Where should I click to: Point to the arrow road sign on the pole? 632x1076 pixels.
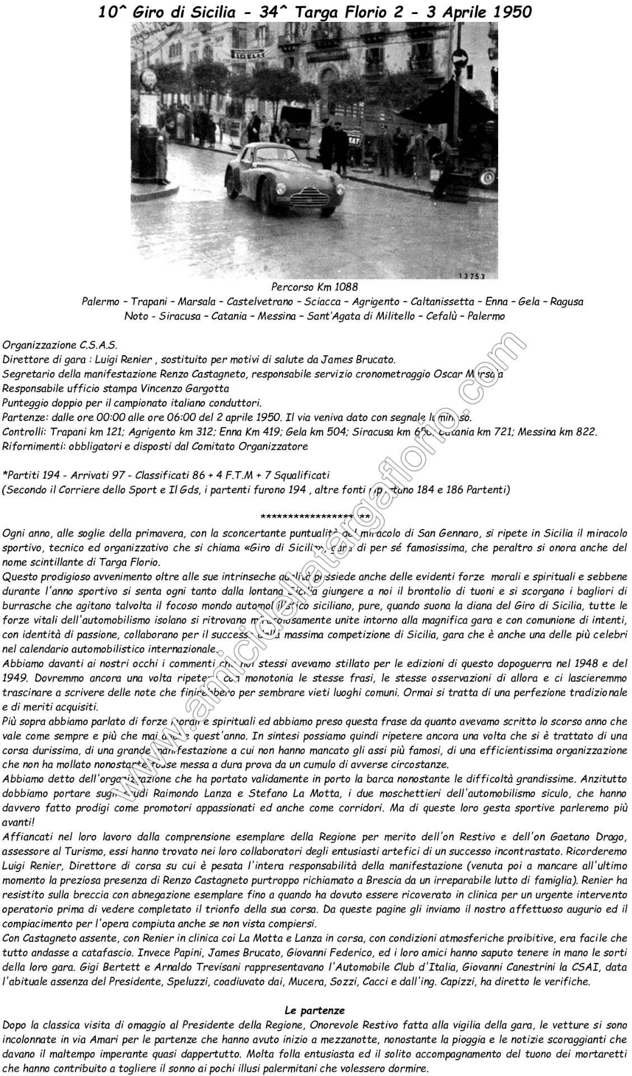click(459, 57)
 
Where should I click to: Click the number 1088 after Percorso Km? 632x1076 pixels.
click(342, 288)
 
